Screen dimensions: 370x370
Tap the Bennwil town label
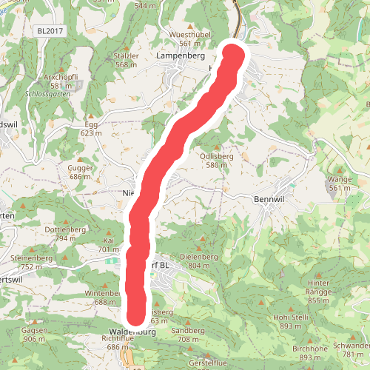pyautogui.click(x=269, y=199)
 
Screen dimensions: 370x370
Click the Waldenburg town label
pyautogui.click(x=132, y=332)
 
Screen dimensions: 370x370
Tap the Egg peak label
pyautogui.click(x=91, y=125)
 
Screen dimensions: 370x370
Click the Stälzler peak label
pyautogui.click(x=127, y=55)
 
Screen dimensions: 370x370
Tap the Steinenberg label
pyautogui.click(x=31, y=258)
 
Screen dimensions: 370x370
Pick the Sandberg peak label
pyautogui.click(x=188, y=330)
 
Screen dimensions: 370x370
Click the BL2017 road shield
pyautogui.click(x=50, y=30)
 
